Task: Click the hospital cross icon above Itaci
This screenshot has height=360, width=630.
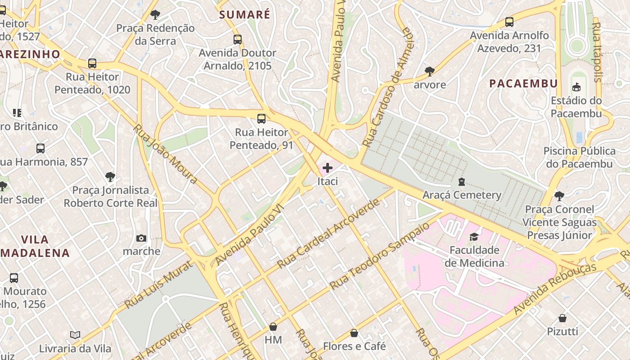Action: tap(328, 168)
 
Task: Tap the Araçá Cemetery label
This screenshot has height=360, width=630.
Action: tap(462, 195)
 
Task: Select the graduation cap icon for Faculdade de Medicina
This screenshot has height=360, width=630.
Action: tap(474, 237)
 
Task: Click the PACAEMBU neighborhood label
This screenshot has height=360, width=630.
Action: tap(523, 83)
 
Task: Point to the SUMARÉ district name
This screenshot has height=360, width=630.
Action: tap(245, 14)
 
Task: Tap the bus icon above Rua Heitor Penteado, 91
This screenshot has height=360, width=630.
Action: tap(261, 119)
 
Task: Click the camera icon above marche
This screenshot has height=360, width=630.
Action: tap(141, 238)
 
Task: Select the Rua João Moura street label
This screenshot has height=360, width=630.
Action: tap(165, 153)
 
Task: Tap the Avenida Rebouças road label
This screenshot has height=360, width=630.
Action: tap(554, 288)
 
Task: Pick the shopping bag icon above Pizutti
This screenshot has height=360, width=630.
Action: tap(562, 318)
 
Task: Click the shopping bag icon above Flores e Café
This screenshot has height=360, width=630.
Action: tap(354, 333)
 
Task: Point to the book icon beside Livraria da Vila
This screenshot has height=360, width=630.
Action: tap(75, 335)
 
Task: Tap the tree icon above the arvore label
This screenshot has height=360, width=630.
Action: tap(430, 71)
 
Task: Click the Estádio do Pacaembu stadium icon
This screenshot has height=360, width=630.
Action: tap(576, 87)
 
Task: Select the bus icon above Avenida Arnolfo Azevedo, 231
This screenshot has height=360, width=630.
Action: tap(509, 22)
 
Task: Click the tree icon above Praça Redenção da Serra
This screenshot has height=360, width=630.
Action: tap(155, 15)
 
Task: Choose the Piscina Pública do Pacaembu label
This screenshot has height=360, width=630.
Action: tap(579, 157)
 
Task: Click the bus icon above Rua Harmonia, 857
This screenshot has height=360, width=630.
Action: tap(40, 148)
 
